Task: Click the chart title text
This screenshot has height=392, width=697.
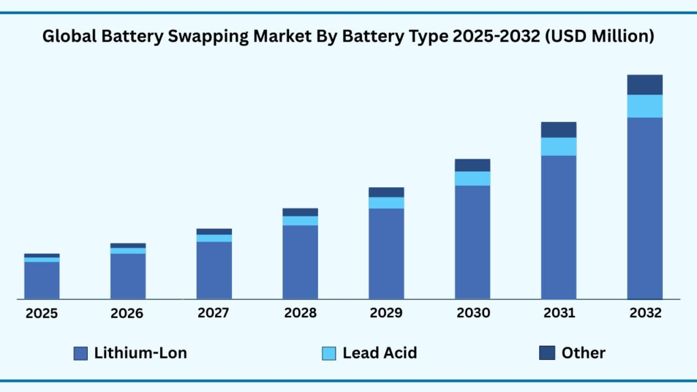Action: (348, 37)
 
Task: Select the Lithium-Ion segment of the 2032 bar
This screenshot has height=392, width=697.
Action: (645, 208)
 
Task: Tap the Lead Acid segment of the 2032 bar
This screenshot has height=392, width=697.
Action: (645, 105)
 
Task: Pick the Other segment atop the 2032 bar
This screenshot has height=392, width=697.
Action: (645, 84)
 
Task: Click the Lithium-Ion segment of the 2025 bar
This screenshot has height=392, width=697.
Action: (42, 280)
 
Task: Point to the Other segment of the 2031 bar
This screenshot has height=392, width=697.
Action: (558, 129)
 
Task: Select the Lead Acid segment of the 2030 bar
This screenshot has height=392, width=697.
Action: (472, 178)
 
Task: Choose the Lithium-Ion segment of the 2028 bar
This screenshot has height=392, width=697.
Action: (300, 261)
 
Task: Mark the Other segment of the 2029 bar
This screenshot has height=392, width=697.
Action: (386, 192)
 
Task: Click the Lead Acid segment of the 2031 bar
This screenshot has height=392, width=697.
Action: (558, 146)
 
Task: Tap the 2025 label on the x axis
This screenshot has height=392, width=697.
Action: (42, 314)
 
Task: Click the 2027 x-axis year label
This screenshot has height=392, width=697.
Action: (214, 314)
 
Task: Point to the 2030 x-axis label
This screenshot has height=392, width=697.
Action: (472, 314)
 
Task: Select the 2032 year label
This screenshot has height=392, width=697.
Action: (645, 314)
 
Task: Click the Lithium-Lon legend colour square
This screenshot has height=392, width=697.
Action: (80, 353)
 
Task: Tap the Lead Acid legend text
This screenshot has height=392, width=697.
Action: (379, 353)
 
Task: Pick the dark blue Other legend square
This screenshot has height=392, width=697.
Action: (547, 353)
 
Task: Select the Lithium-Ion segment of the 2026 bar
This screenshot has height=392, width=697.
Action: (128, 276)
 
